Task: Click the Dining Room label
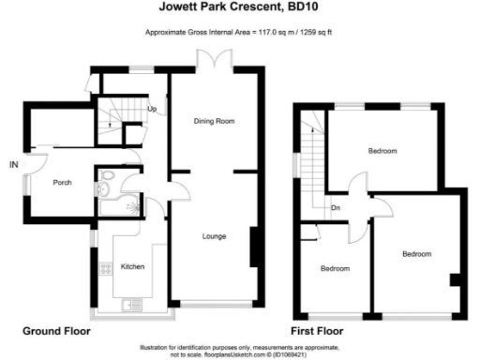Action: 214,122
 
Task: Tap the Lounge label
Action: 214,235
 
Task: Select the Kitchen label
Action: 132,267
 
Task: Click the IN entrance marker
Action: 14,166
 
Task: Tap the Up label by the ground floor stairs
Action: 152,109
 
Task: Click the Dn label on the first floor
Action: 335,208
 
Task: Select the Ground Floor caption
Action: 57,332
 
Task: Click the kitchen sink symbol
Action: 132,303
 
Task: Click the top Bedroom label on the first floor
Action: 382,151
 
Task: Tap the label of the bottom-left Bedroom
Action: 335,269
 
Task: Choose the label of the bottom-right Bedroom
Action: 417,254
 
